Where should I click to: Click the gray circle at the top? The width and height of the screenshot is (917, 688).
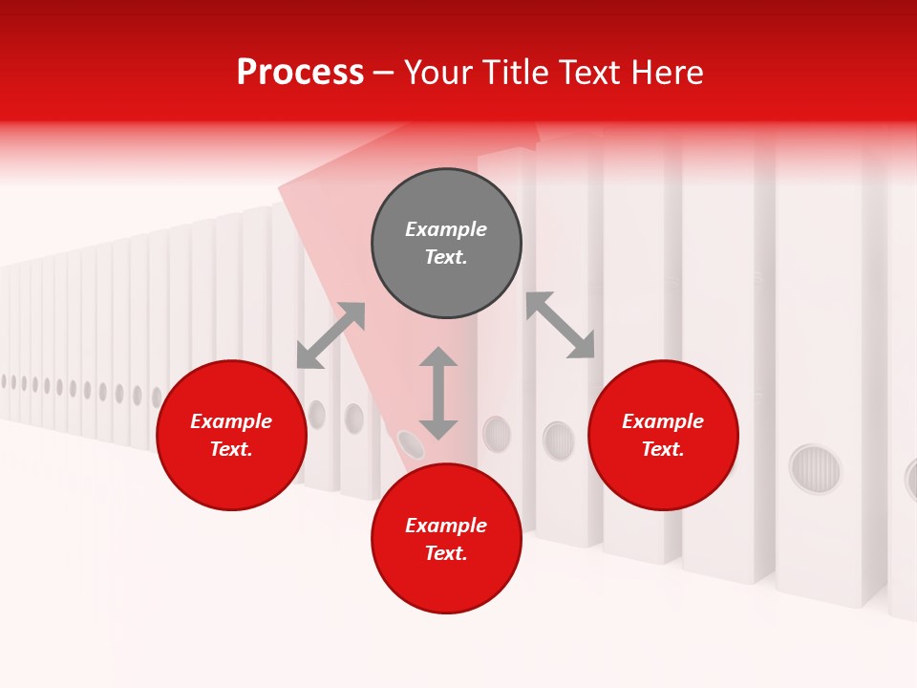pos(446,244)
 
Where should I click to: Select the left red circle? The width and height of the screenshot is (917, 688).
pos(231,436)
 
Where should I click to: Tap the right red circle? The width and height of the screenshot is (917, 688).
pos(663,436)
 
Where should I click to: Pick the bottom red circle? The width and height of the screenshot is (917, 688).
pos(446,539)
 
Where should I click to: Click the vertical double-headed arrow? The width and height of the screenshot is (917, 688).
pos(438,393)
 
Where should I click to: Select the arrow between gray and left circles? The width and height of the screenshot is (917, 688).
pos(331,335)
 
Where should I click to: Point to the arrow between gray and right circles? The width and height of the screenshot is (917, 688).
pos(561,325)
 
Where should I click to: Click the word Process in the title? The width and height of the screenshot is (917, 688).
pos(300,73)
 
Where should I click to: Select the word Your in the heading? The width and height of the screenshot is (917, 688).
pos(436,73)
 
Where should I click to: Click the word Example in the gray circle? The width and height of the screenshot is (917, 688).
pos(446,229)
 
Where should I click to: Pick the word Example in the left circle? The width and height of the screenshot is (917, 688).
pos(231,421)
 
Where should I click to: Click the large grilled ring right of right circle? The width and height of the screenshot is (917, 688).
pos(815,469)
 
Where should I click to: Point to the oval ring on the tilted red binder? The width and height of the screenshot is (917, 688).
pos(411,443)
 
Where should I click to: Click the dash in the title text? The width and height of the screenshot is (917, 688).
pos(384,73)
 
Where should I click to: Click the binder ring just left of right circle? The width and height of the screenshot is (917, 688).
pos(559,441)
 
